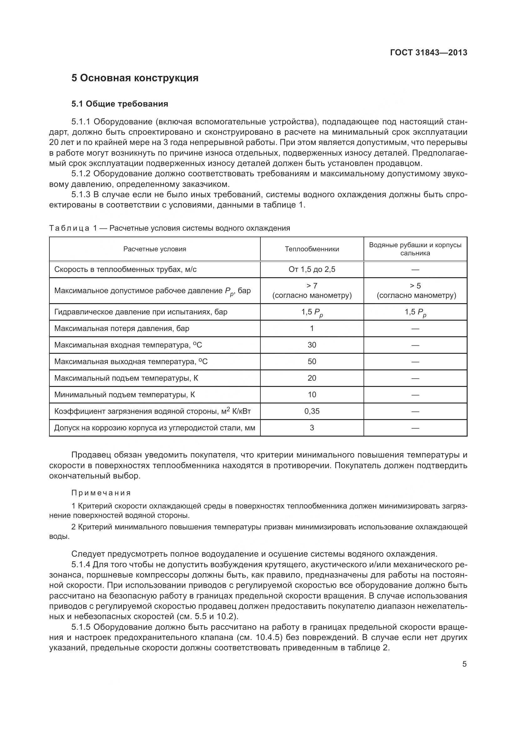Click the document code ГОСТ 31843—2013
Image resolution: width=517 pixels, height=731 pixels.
(429, 53)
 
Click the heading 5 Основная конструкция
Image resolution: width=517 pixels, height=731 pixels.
(135, 78)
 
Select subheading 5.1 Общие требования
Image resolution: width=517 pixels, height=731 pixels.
(120, 104)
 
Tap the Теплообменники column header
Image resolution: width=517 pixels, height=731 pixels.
(312, 249)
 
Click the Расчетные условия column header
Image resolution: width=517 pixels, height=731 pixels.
(155, 249)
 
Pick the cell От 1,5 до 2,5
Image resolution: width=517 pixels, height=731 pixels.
(312, 269)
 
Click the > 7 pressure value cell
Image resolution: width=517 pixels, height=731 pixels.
(312, 286)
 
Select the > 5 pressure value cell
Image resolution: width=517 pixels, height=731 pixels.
(415, 286)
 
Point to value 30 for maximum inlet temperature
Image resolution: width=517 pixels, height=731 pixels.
(312, 345)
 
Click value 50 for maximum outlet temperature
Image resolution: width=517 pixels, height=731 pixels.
(312, 361)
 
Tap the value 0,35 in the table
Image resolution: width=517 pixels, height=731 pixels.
(312, 411)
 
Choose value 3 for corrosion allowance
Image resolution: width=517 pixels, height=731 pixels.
(312, 428)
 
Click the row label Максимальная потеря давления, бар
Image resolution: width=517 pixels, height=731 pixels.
(122, 328)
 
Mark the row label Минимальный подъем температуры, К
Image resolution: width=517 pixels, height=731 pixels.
(124, 394)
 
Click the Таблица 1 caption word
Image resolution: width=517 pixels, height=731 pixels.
(69, 228)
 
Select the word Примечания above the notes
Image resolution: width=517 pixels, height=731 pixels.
(101, 493)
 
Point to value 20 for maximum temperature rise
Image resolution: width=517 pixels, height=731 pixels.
(312, 378)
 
